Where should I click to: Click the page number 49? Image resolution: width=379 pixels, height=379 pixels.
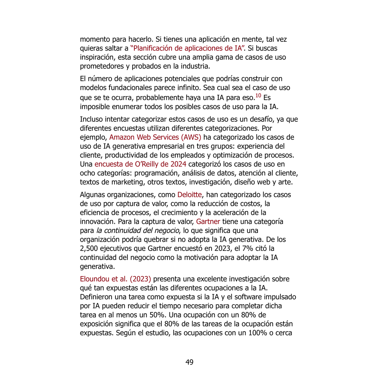(x=189, y=362)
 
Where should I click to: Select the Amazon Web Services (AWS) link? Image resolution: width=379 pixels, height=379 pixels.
(x=155, y=137)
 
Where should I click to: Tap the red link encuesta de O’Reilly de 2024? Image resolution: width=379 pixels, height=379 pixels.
(x=140, y=164)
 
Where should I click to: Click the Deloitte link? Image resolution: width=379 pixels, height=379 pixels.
(x=189, y=195)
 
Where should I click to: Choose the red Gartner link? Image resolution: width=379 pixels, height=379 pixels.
(x=208, y=221)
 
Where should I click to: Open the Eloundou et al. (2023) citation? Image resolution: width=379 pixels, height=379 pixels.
(x=115, y=279)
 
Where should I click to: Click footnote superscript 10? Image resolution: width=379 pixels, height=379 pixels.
(x=258, y=95)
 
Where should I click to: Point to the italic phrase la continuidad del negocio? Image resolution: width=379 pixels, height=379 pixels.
(x=137, y=231)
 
